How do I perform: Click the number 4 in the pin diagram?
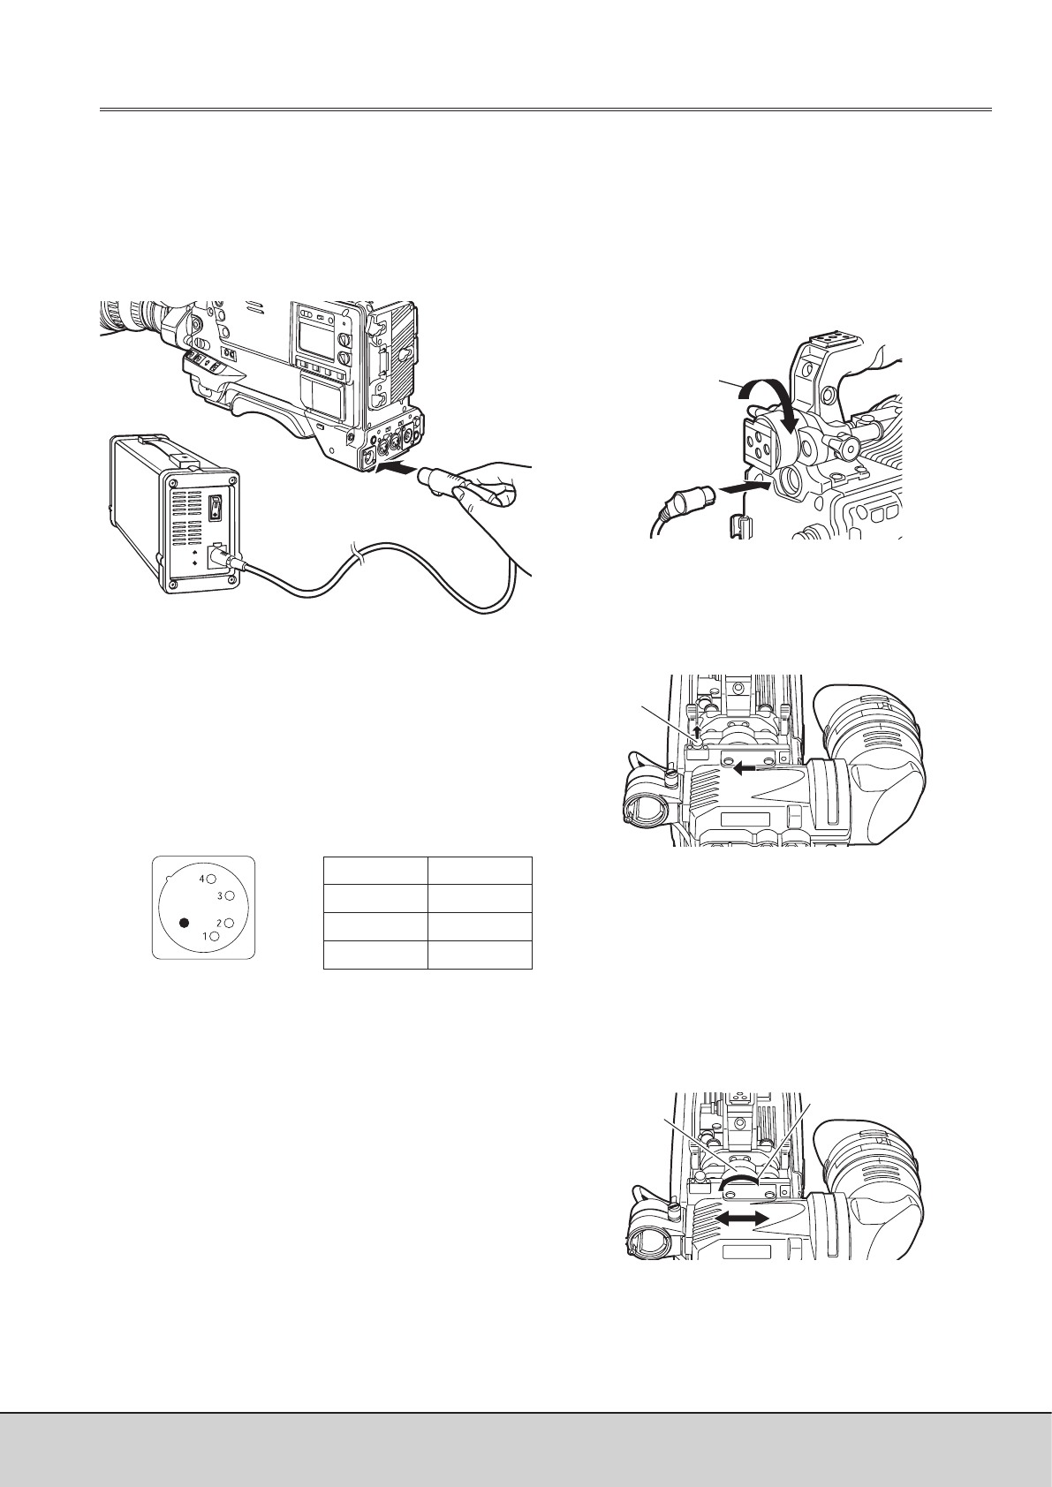coord(202,879)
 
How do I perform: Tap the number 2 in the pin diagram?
coord(219,923)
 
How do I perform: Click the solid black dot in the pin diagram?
coord(185,923)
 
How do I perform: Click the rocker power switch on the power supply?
coord(215,509)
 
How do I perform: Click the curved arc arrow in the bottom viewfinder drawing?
coord(738,1181)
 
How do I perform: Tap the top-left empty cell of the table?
coord(375,870)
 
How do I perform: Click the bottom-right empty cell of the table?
coord(480,955)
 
